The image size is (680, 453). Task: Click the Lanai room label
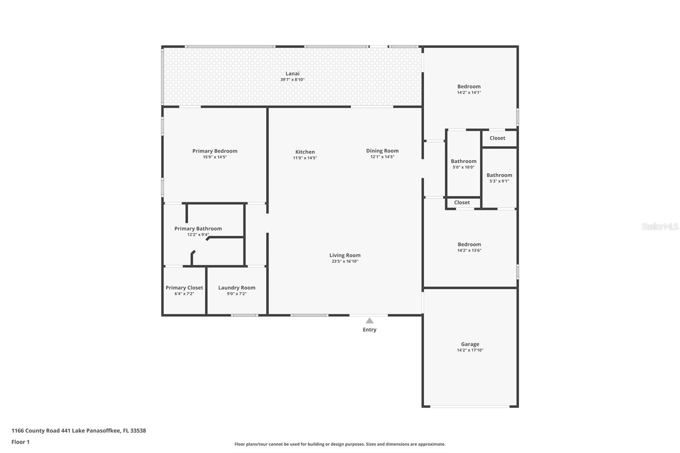[292, 74]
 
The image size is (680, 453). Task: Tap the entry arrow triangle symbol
[369, 321]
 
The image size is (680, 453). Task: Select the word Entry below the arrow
[369, 330]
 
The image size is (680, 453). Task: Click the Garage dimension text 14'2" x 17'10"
[470, 350]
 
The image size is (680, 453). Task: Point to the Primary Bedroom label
[215, 151]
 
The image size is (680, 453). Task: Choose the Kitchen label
[305, 152]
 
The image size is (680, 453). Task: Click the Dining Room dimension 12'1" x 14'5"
[382, 157]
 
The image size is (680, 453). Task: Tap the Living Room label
[345, 255]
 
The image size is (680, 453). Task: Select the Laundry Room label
[237, 288]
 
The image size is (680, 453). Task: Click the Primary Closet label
[184, 288]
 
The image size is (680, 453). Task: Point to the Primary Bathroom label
[198, 229]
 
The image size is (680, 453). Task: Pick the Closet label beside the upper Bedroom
[497, 138]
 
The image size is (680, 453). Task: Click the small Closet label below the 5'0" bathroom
[462, 203]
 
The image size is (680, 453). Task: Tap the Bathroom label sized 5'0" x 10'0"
[463, 161]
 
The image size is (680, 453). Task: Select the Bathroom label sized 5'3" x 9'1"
[499, 175]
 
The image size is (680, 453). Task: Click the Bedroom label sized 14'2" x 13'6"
[469, 244]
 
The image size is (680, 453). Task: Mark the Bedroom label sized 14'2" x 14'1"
[469, 86]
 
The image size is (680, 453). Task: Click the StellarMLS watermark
[660, 226]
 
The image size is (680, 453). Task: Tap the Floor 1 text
[20, 442]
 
